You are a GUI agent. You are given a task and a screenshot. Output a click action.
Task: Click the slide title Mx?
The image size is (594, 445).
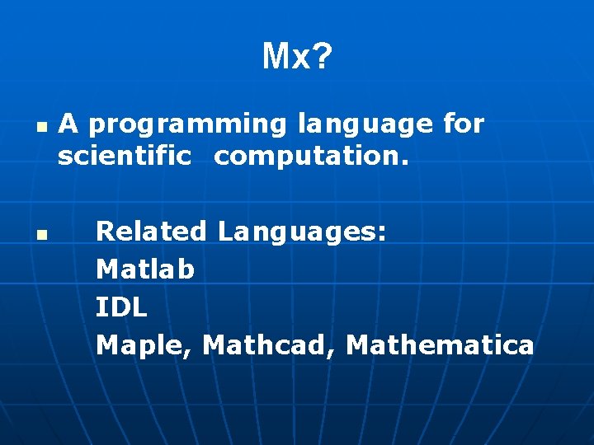tap(297, 57)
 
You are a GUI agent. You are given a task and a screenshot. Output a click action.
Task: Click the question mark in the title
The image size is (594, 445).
tap(323, 57)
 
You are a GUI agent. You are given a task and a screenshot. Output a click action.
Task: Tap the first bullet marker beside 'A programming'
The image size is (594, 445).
tap(39, 129)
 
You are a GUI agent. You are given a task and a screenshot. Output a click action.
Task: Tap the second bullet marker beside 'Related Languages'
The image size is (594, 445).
tap(39, 236)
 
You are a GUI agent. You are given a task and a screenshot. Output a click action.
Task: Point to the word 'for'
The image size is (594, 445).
tap(464, 124)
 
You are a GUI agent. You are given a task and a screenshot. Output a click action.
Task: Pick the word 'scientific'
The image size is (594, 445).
tap(124, 157)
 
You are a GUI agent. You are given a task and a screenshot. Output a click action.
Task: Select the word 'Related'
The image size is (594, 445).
tap(151, 231)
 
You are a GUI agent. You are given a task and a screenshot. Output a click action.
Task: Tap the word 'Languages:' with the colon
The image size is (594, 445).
tap(302, 232)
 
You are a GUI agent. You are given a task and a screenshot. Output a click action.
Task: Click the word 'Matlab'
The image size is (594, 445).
tap(145, 269)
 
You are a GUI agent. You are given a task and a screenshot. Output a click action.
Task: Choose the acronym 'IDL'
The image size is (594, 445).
tap(121, 307)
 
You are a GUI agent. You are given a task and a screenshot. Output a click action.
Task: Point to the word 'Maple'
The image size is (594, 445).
tap(142, 346)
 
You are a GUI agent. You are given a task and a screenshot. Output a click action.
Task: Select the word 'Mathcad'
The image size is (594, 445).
tap(266, 344)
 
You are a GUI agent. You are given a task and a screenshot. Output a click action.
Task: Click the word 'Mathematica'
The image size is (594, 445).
tap(440, 344)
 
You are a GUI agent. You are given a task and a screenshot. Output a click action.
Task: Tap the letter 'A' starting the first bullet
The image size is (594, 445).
tap(68, 124)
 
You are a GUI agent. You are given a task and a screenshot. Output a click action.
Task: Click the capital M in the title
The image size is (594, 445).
tap(274, 57)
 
